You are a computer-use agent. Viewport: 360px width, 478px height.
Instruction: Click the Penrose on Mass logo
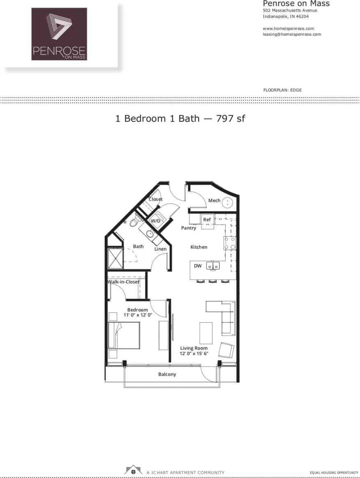(x=59, y=34)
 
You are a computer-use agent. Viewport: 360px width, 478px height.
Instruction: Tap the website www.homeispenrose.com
(x=288, y=28)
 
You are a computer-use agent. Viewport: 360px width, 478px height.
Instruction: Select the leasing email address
(x=292, y=34)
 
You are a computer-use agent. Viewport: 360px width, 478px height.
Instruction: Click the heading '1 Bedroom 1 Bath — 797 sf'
(x=180, y=118)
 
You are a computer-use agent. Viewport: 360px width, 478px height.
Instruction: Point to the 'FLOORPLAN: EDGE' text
(x=282, y=90)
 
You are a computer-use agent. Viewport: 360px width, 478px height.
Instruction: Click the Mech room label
(x=214, y=201)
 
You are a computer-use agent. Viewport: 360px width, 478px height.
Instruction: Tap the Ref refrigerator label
(x=207, y=220)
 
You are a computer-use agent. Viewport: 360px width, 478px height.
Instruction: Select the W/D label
(x=155, y=221)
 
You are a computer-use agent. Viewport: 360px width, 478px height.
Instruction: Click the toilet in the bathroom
(x=134, y=222)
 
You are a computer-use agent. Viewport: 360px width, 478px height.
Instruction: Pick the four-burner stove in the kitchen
(x=230, y=243)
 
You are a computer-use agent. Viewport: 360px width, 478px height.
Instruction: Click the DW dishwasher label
(x=198, y=266)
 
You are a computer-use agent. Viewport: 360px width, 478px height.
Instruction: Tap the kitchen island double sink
(x=213, y=266)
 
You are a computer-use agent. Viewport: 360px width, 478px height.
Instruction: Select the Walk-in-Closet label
(x=124, y=282)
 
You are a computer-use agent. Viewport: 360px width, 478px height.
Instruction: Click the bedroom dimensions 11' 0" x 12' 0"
(x=138, y=315)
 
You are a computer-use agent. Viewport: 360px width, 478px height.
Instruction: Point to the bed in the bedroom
(x=124, y=335)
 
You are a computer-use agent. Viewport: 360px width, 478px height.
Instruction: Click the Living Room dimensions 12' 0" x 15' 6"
(x=194, y=353)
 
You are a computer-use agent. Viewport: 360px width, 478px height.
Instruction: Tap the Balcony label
(x=167, y=374)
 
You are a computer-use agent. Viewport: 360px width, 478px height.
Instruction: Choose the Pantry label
(x=189, y=228)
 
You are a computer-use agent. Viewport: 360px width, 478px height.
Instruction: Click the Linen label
(x=160, y=249)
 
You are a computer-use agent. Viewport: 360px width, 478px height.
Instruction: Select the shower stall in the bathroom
(x=115, y=258)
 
